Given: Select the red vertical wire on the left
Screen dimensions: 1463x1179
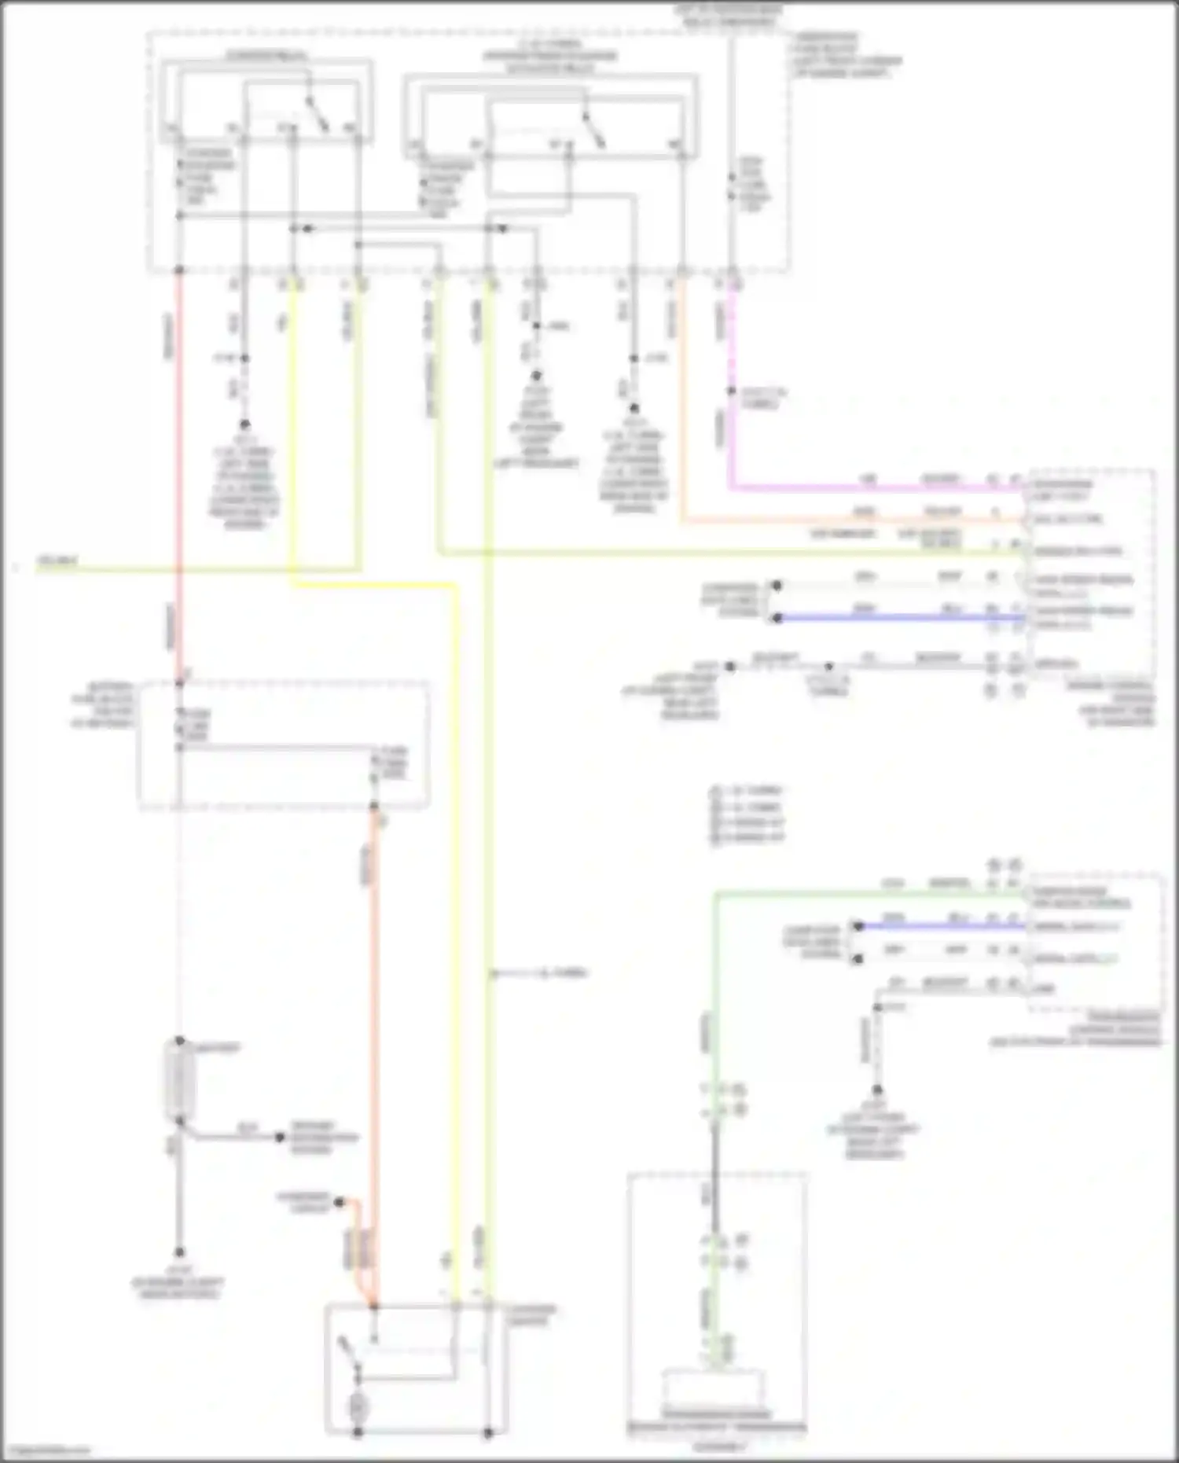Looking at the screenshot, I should (179, 472).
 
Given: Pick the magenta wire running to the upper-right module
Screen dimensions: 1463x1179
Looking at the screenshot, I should (865, 487).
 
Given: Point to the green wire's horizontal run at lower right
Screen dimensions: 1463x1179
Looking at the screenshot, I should (865, 893).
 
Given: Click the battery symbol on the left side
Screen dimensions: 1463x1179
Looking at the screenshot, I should (179, 1081).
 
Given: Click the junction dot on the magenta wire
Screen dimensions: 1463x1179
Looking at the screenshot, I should (732, 391).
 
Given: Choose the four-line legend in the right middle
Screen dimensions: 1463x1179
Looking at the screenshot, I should (747, 814).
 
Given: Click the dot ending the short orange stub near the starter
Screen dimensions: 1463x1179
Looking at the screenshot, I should (340, 1202).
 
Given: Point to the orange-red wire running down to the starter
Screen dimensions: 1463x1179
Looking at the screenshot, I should (374, 1022).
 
